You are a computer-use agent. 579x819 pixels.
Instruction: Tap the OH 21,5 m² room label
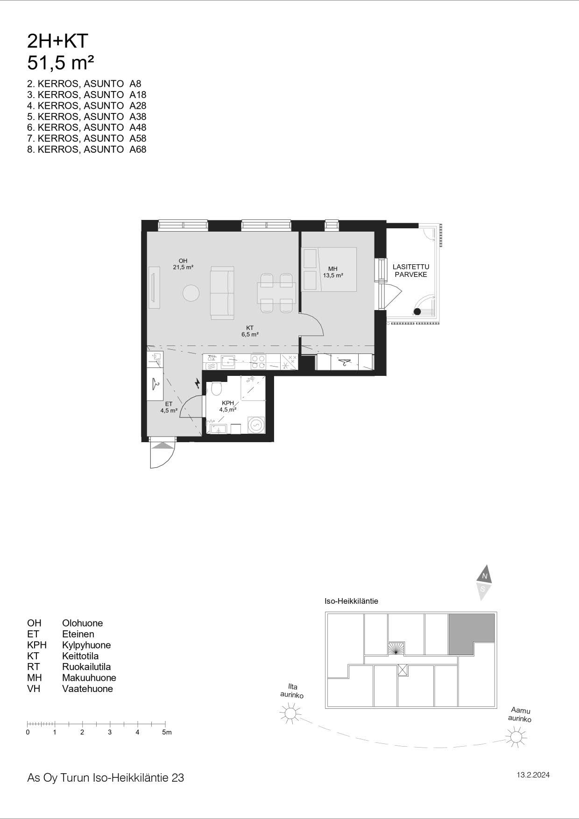pyautogui.click(x=183, y=264)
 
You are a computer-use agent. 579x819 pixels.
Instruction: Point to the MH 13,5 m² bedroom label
pyautogui.click(x=333, y=272)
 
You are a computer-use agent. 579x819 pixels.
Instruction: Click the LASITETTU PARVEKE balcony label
pyautogui.click(x=411, y=271)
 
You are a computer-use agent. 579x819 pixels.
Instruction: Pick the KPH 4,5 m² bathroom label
pyautogui.click(x=228, y=406)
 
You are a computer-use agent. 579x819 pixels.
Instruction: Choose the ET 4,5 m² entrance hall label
pyautogui.click(x=169, y=407)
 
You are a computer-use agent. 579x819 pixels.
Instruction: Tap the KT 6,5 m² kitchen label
pyautogui.click(x=250, y=331)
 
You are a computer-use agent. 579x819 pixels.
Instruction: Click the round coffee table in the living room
pyautogui.click(x=191, y=293)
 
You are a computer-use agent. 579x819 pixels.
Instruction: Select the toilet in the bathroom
pyautogui.click(x=216, y=388)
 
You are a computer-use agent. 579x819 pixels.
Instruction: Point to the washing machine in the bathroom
pyautogui.click(x=256, y=424)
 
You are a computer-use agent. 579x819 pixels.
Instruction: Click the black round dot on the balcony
pyautogui.click(x=417, y=311)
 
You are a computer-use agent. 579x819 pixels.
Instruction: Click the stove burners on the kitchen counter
pyautogui.click(x=259, y=361)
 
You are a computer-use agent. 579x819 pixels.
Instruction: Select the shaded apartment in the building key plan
pyautogui.click(x=472, y=633)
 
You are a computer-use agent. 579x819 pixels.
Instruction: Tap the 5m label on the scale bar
pyautogui.click(x=167, y=732)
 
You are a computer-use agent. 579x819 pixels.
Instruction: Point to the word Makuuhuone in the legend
pyautogui.click(x=89, y=678)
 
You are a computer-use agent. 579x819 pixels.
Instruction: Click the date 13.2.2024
pyautogui.click(x=533, y=775)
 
